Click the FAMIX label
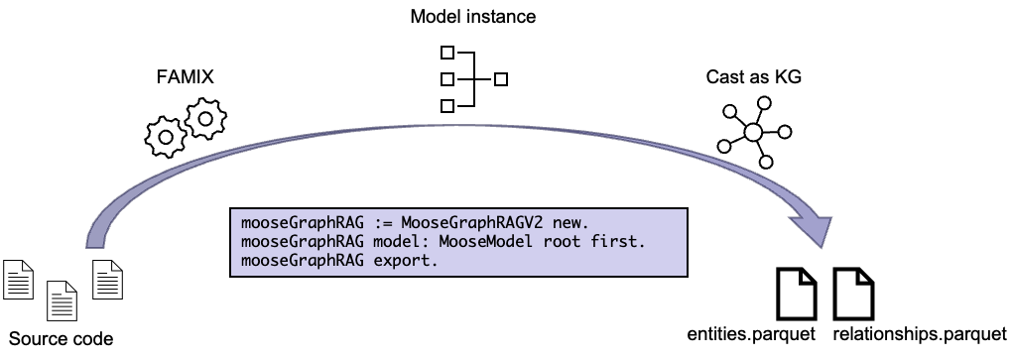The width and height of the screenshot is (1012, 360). tap(185, 77)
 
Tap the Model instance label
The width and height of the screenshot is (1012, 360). tap(473, 16)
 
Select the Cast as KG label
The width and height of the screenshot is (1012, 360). tap(754, 76)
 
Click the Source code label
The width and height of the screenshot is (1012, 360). tap(62, 339)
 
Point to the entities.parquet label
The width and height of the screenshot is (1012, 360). tap(751, 334)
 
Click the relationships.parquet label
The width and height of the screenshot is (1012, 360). tap(920, 334)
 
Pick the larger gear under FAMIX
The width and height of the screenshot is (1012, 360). tap(205, 118)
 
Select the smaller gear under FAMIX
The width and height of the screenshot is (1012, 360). tap(166, 137)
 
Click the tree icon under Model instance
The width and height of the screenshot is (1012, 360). tap(473, 78)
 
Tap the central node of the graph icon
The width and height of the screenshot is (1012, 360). tap(753, 132)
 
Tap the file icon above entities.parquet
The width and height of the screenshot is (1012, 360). tap(797, 294)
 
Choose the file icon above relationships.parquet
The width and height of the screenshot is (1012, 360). tap(854, 294)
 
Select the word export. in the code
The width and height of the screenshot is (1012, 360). tap(406, 261)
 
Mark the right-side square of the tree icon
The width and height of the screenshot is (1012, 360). tap(501, 79)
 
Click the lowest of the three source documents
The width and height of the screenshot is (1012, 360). tap(62, 300)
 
